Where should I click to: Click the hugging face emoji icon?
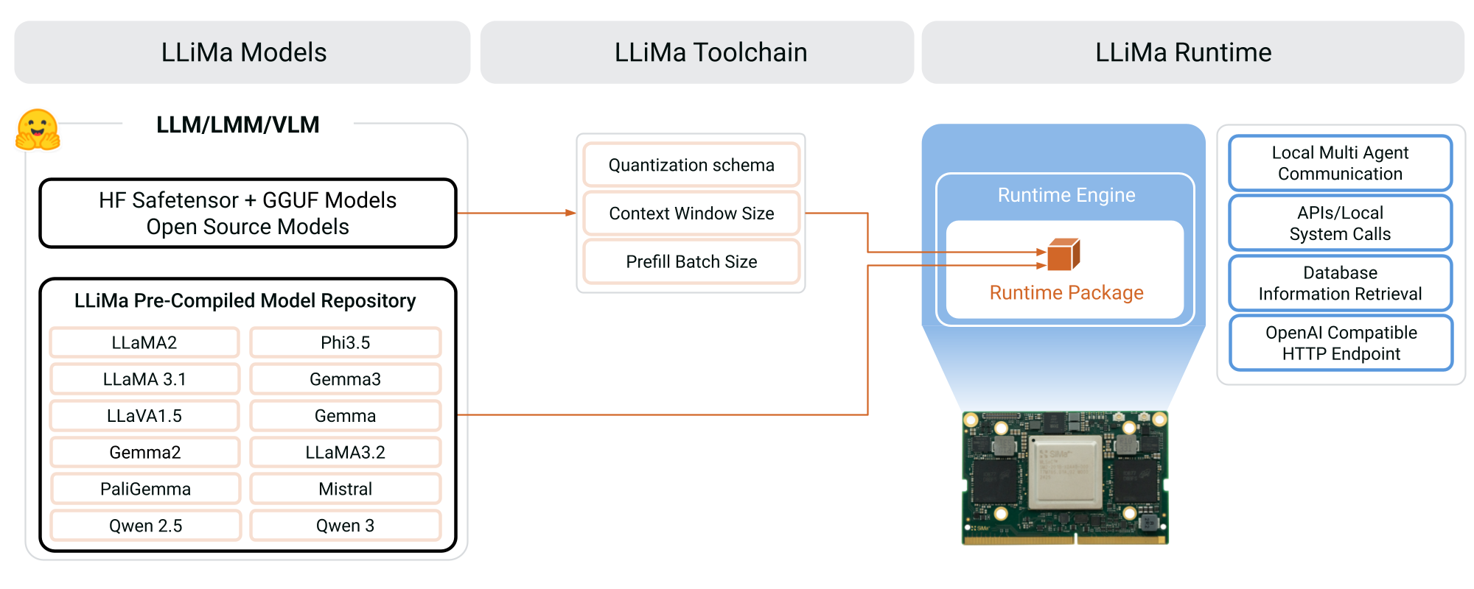tap(38, 130)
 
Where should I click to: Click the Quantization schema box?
tap(691, 165)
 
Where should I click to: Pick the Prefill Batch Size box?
tap(691, 261)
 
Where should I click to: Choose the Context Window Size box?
tap(691, 214)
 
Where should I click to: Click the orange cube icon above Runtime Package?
tap(1063, 255)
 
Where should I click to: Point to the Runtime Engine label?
tap(1066, 195)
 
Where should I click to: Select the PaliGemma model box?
tap(145, 489)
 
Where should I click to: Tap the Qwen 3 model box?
tap(345, 526)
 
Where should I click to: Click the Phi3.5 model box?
tap(345, 342)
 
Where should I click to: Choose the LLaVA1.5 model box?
tap(144, 416)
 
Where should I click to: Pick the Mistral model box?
tap(345, 489)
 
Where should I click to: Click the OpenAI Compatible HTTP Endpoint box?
tap(1341, 343)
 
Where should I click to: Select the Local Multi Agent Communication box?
tap(1340, 163)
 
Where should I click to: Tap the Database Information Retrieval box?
tap(1340, 283)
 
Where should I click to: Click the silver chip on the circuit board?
tap(1065, 471)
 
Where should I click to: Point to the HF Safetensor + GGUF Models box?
tap(248, 214)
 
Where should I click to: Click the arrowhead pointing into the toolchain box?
tap(570, 213)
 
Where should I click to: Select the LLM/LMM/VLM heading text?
tap(237, 124)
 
